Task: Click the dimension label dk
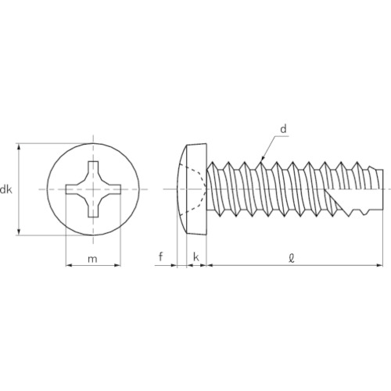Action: [x=5, y=189]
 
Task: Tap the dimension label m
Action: [x=92, y=259]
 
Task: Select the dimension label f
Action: [x=161, y=256]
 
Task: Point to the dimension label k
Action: [x=196, y=256]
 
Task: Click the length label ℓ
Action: [x=292, y=258]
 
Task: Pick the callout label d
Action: [x=283, y=128]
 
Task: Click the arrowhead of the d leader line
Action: [x=263, y=158]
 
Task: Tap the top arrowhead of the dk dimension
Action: [x=19, y=146]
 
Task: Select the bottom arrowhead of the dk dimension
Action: [x=19, y=231]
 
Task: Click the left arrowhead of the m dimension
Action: [x=69, y=265]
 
